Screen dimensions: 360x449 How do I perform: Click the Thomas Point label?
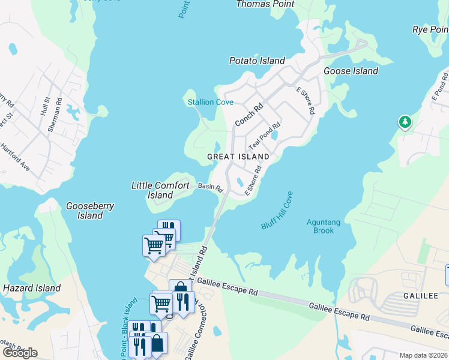point(265,4)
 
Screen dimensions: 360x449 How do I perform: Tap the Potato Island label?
point(257,61)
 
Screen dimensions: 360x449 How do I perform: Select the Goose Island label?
point(351,71)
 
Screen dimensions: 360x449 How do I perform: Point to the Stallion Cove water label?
point(210,102)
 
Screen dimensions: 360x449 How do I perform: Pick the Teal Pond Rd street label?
point(265,136)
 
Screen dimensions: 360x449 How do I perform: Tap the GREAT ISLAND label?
point(238,157)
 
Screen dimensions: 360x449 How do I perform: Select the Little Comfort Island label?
point(160,190)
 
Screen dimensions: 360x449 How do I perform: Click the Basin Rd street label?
point(211,187)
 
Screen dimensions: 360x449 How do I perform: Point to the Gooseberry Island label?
point(90,211)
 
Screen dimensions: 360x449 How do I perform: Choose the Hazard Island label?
point(25,288)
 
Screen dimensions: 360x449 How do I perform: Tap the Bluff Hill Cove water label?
point(277,211)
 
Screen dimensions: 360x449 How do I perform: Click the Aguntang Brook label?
point(324,226)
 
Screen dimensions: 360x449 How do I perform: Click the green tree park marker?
point(405,122)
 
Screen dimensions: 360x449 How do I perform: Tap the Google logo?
point(20,352)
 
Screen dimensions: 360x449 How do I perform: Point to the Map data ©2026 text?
point(423,355)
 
